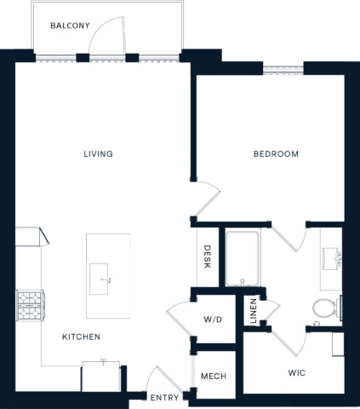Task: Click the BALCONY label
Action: click(70, 26)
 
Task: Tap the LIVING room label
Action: click(98, 154)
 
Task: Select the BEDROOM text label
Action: click(276, 154)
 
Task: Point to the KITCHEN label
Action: click(81, 337)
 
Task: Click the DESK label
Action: click(207, 257)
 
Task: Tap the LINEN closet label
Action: click(253, 308)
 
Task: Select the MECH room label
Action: click(212, 377)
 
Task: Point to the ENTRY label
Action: click(163, 398)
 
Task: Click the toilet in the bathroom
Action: click(323, 308)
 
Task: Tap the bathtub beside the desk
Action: click(243, 257)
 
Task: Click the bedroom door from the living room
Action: click(205, 200)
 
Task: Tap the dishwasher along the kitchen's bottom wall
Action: click(100, 375)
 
